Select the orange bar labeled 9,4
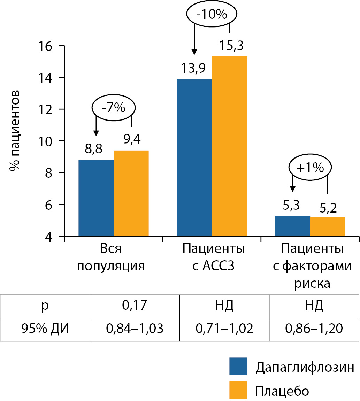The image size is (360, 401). [131, 193]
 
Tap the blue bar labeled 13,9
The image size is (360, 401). [194, 157]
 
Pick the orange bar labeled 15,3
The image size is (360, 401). [229, 146]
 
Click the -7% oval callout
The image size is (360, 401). [114, 108]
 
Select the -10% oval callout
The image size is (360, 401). [212, 15]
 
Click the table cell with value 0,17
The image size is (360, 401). [135, 306]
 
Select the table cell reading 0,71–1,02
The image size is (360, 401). [224, 329]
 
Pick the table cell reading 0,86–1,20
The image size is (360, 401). [314, 329]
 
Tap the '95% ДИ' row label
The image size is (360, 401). [45, 329]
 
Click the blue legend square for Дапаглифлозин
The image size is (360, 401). [238, 367]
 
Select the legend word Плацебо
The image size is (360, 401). [282, 391]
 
